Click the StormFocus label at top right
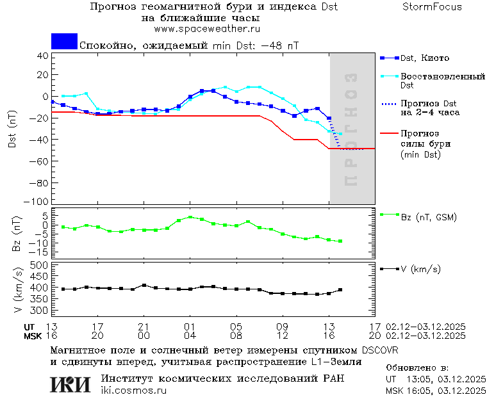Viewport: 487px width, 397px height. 432,7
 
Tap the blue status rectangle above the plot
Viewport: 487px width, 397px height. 64,41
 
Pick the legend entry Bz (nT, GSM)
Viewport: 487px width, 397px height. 428,217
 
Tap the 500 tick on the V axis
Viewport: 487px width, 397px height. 40,264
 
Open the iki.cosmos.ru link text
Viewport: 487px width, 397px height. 133,390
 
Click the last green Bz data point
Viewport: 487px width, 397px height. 340,241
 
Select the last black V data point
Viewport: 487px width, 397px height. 340,290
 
